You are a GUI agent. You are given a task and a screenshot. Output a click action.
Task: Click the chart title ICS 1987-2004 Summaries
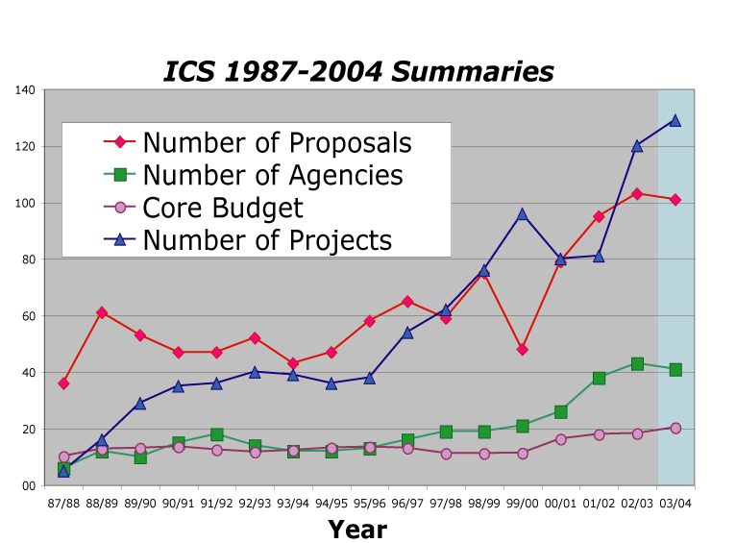358,72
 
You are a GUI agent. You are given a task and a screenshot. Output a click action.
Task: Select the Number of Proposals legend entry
277,142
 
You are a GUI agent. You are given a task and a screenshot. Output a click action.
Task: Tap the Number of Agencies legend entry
273,175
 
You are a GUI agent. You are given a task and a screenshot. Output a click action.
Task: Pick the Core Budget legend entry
222,208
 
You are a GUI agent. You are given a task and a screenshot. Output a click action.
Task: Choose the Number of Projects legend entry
267,240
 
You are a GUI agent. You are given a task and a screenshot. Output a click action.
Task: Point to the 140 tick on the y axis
26,90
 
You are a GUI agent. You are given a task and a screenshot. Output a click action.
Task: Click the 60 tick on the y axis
29,316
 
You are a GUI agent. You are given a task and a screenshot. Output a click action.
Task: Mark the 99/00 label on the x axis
522,502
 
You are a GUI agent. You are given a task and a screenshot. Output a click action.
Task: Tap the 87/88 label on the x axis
63,502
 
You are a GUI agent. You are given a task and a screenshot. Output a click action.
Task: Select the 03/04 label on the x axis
675,502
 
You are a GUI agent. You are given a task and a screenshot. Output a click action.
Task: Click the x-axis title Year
357,529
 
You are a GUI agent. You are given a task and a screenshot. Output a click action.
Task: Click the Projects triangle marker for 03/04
675,120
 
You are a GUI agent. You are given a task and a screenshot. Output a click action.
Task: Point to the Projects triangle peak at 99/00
522,213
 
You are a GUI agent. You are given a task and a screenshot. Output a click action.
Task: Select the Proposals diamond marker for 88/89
102,312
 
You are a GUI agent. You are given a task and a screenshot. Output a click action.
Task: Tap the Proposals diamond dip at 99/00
522,349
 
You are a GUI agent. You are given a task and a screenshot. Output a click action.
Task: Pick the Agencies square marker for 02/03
637,364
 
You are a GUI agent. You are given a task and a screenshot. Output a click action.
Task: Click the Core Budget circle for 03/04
675,428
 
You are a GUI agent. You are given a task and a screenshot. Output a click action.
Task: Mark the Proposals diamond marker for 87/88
63,383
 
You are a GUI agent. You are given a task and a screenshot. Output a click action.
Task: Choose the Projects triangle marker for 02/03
637,146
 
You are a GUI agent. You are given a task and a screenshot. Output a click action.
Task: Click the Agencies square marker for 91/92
216,434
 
